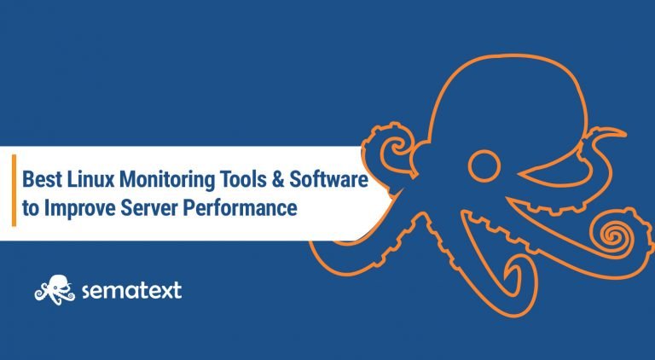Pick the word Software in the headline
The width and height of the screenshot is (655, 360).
pyautogui.click(x=329, y=179)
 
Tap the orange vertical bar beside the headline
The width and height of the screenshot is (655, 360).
pyautogui.click(x=14, y=190)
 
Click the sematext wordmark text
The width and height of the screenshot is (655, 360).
pyautogui.click(x=131, y=290)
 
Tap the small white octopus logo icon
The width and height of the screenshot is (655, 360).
pyautogui.click(x=55, y=289)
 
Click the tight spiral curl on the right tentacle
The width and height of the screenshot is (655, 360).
pyautogui.click(x=612, y=235)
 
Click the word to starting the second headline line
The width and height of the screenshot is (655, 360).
pyautogui.click(x=31, y=208)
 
